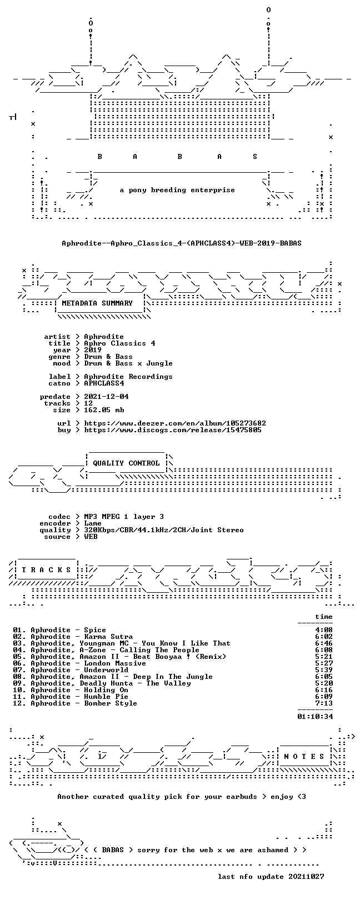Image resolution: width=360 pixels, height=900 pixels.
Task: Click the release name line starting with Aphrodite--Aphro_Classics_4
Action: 182,243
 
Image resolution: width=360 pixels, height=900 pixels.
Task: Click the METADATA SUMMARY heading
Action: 97,303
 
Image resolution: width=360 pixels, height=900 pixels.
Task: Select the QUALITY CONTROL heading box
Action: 126,463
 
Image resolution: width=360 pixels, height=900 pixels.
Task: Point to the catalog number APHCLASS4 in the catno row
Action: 104,383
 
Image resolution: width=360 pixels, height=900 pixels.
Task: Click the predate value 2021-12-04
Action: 107,397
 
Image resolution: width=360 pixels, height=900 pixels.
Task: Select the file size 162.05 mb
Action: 104,410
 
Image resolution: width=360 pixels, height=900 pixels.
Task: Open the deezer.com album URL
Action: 175,423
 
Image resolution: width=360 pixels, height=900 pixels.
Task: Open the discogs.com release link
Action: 173,430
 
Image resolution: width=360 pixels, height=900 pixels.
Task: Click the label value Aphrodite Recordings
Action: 128,377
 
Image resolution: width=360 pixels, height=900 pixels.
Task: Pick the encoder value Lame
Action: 93,523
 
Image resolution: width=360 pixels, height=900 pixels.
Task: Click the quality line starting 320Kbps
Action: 164,530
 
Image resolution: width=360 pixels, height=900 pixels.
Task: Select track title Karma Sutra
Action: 108,637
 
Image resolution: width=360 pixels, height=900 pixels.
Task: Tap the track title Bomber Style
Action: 111,703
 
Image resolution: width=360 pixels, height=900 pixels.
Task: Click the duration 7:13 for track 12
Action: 324,703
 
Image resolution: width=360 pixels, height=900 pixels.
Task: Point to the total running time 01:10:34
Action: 315,716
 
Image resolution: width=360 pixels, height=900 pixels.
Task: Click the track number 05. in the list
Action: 19,657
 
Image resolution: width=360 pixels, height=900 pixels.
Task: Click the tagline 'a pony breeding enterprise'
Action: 177,190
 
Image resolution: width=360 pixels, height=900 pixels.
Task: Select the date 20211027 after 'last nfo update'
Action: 306,876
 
